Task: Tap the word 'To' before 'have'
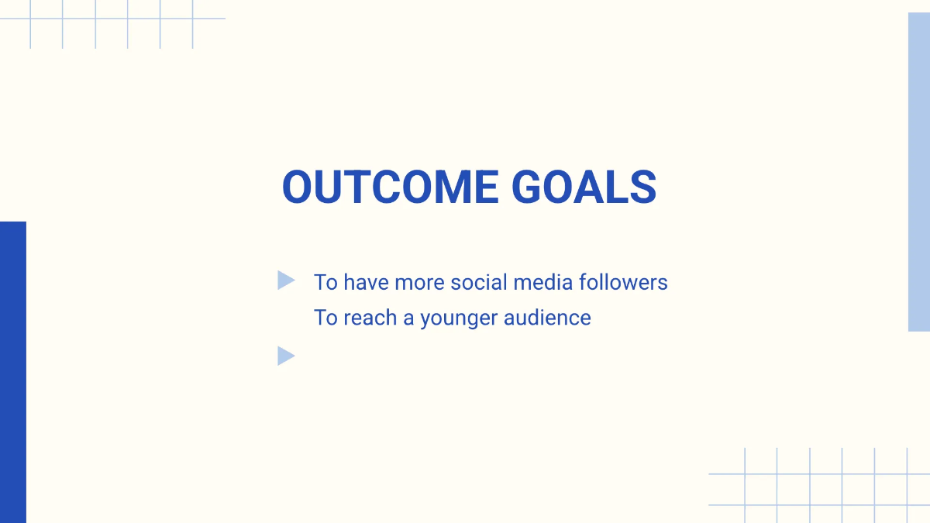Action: (325, 282)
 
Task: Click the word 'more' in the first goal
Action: (419, 282)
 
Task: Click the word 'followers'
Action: (624, 282)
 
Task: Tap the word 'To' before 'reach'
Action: (325, 318)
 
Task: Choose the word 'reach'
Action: (370, 318)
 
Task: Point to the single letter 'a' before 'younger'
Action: (408, 318)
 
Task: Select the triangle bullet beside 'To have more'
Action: (286, 280)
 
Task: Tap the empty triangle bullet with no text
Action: (286, 356)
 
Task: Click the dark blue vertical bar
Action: (13, 372)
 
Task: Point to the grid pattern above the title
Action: (112, 23)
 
